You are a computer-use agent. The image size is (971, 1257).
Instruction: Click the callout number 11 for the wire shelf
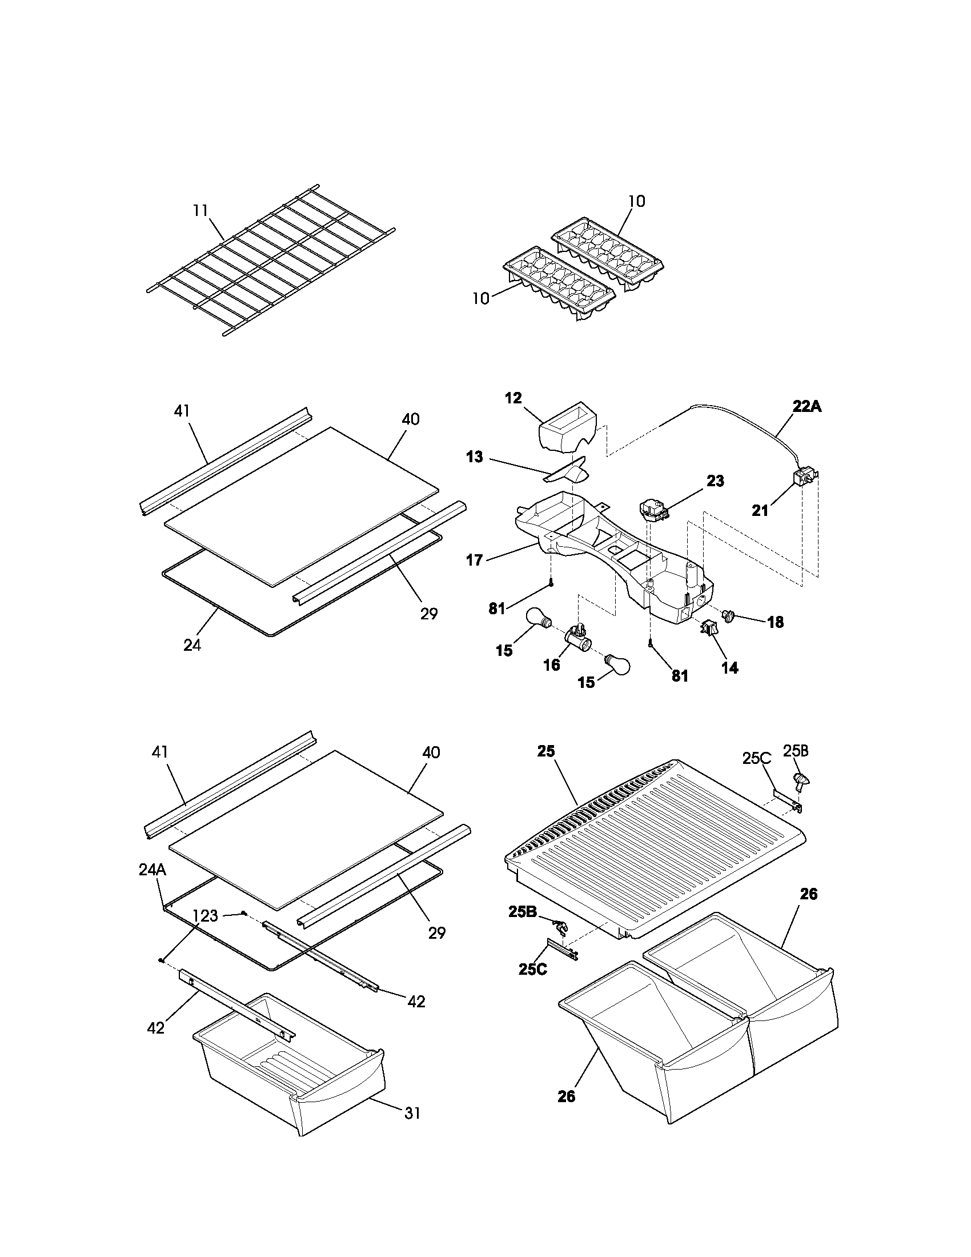(x=199, y=211)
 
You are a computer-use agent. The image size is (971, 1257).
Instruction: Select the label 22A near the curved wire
(x=807, y=406)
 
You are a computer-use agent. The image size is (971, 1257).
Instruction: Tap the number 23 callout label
(x=715, y=481)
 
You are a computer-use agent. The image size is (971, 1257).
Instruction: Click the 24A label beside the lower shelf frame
(x=153, y=870)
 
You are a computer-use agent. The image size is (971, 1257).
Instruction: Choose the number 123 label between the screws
(x=206, y=915)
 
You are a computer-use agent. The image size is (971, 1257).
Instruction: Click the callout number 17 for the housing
(x=474, y=559)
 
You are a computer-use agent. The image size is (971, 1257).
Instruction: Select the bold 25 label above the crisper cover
(x=547, y=751)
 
